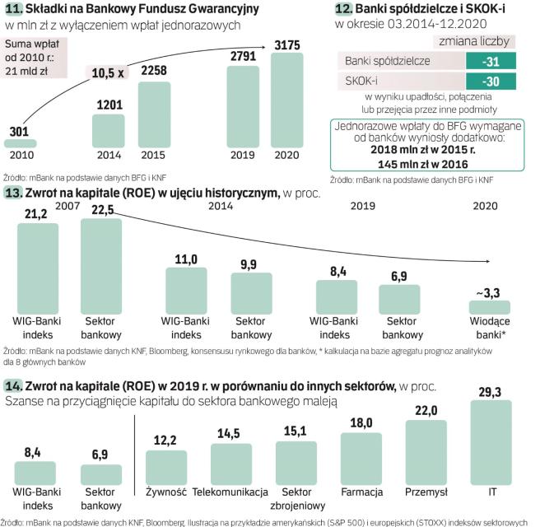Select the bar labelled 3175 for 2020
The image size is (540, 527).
291,101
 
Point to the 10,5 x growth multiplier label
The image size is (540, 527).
108,72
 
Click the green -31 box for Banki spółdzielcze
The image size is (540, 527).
491,61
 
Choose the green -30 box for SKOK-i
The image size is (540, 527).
491,81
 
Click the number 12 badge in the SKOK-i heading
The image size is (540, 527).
344,9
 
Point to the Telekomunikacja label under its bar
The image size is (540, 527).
230,492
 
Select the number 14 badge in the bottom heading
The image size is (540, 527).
14,385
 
